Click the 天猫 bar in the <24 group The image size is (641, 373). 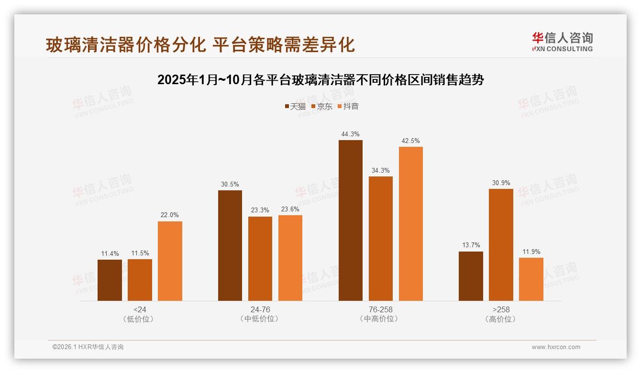110,280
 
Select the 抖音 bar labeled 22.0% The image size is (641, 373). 170,261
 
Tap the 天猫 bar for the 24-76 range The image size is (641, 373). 230,246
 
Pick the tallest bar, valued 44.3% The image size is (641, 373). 350,220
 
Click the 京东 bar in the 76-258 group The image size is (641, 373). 380,239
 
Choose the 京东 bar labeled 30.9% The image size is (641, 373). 501,245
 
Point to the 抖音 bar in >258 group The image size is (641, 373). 531,279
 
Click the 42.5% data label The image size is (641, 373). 410,141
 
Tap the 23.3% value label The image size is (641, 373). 260,210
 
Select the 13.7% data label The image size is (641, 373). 471,245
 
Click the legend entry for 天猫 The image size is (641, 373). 295,107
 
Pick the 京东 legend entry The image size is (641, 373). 322,107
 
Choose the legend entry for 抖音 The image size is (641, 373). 348,107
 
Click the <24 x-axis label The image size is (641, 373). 140,309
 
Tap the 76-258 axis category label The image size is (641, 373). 380,309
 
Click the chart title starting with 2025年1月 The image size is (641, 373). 320,80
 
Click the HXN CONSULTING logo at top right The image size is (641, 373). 562,42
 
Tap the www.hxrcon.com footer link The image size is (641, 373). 556,347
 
